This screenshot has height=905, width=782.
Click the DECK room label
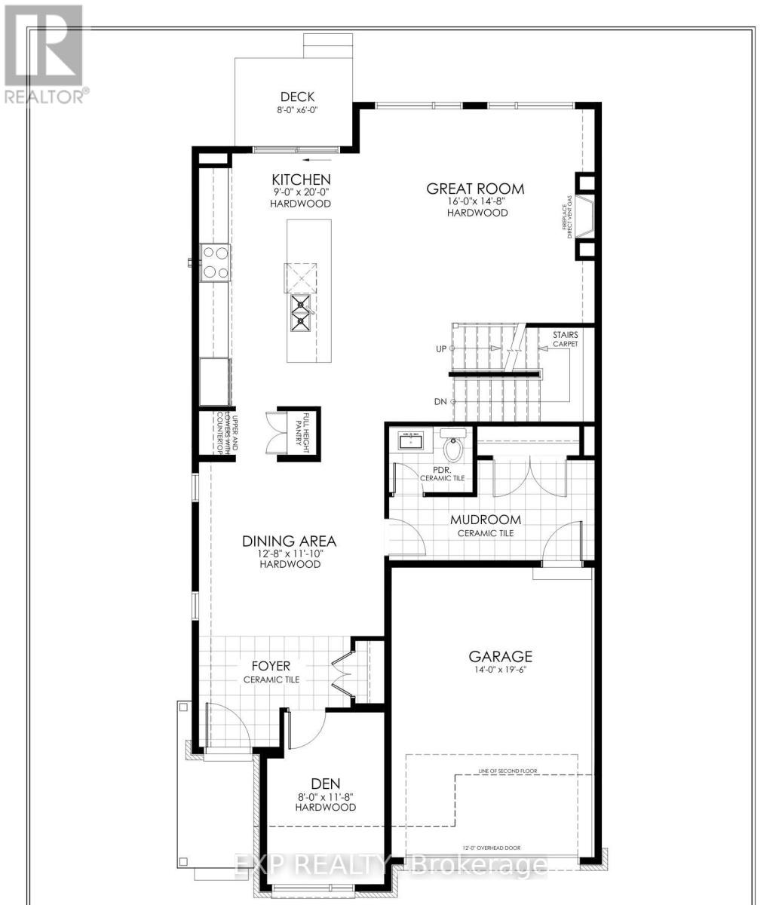297,97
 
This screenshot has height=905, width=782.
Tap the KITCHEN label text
302,179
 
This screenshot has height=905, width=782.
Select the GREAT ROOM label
475,189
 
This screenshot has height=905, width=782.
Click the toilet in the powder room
453,448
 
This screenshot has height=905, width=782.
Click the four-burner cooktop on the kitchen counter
214,263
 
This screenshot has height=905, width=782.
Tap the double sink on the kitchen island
302,313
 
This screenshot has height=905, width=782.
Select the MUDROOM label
486,520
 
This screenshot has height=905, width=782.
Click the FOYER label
271,666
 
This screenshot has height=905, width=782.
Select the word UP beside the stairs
441,348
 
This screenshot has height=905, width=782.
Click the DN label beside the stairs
441,402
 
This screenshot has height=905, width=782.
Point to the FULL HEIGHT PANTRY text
307,431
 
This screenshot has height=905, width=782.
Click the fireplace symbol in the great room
585,217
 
